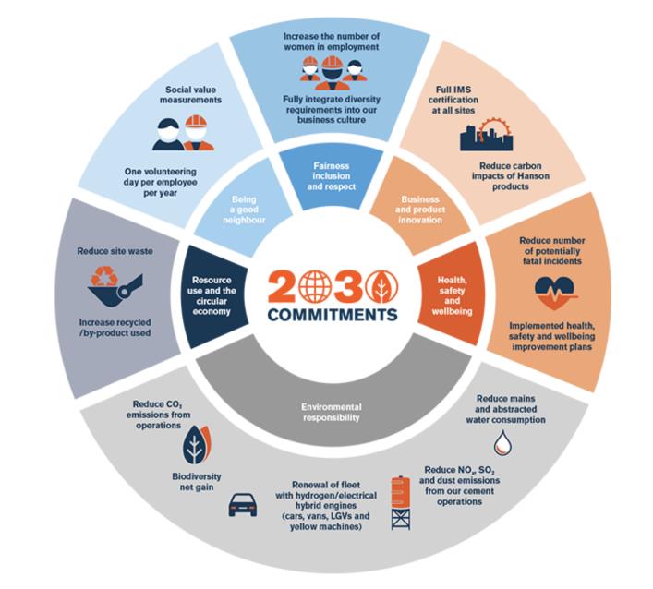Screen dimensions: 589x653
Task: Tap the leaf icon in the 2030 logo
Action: pyautogui.click(x=379, y=287)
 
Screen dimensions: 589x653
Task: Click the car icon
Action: pyautogui.click(x=241, y=502)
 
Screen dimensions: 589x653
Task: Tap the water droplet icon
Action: pyautogui.click(x=502, y=443)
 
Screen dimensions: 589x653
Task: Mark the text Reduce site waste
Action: pyautogui.click(x=115, y=250)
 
